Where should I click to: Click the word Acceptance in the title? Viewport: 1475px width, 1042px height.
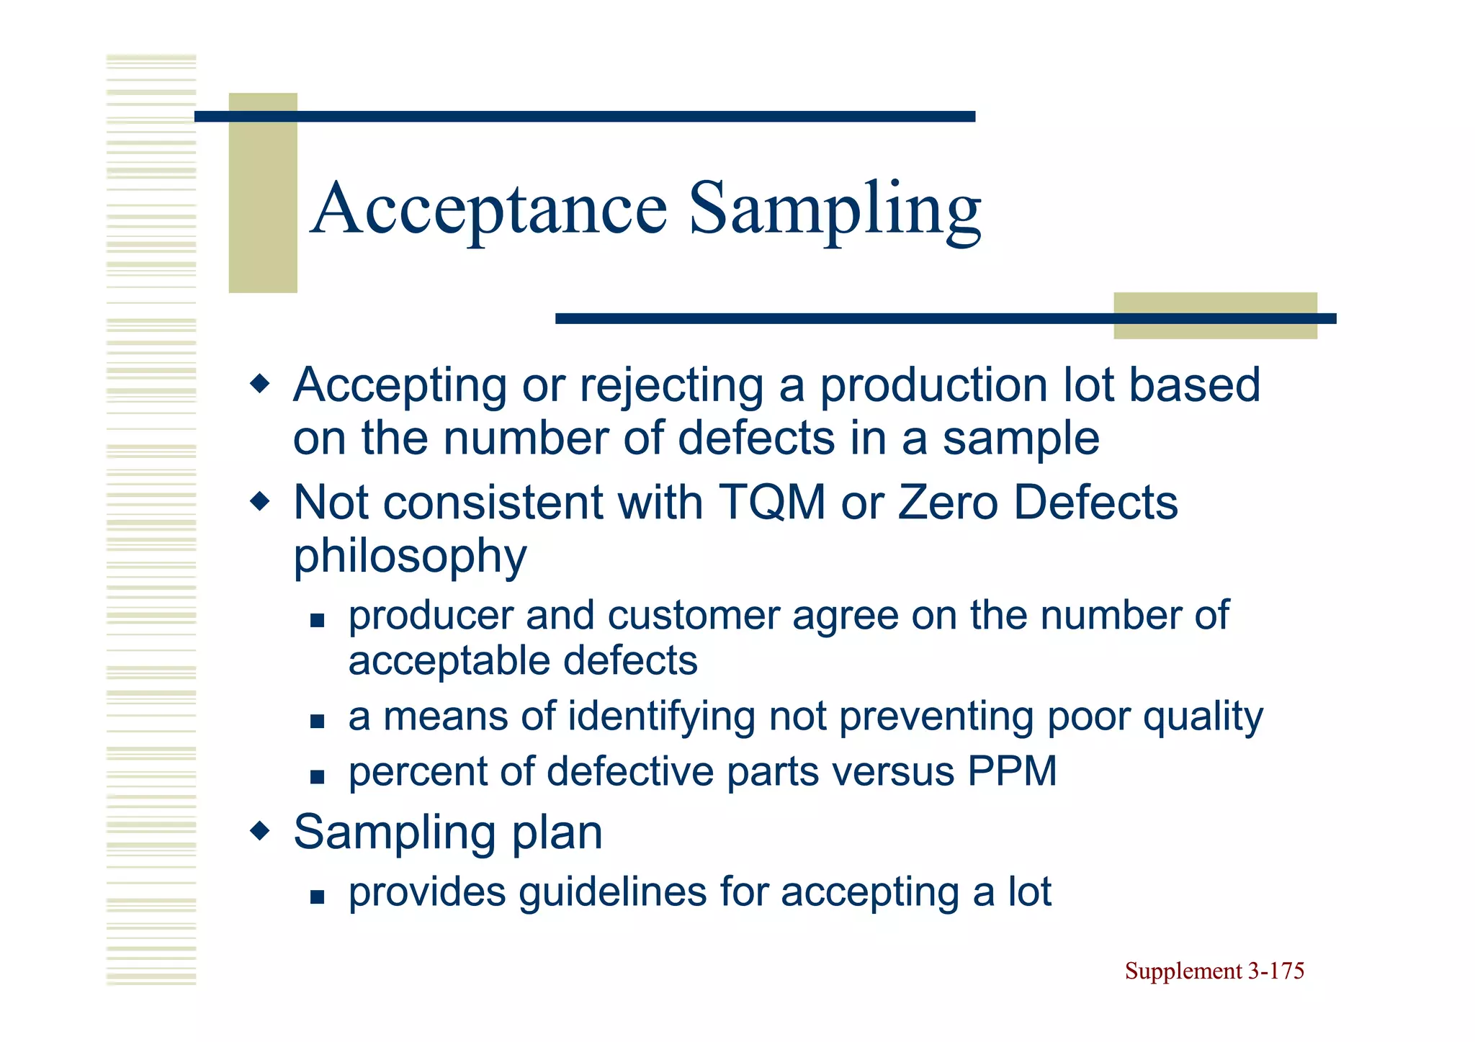click(x=490, y=209)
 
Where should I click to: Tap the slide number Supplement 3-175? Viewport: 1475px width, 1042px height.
click(x=1214, y=971)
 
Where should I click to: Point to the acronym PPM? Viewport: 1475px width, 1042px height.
click(x=1012, y=771)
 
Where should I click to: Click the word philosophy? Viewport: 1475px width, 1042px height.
click(x=410, y=556)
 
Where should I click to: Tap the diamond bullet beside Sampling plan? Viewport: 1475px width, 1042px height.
click(x=259, y=832)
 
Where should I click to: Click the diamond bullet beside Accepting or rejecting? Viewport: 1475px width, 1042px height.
click(x=259, y=384)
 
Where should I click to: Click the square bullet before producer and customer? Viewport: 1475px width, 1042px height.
click(x=318, y=619)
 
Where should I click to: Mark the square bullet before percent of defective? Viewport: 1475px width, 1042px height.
click(x=318, y=776)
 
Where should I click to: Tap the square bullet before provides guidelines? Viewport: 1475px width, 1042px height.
click(x=318, y=897)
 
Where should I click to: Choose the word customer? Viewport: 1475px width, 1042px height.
click(x=694, y=616)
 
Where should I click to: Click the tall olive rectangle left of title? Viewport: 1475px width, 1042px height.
click(x=263, y=193)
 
